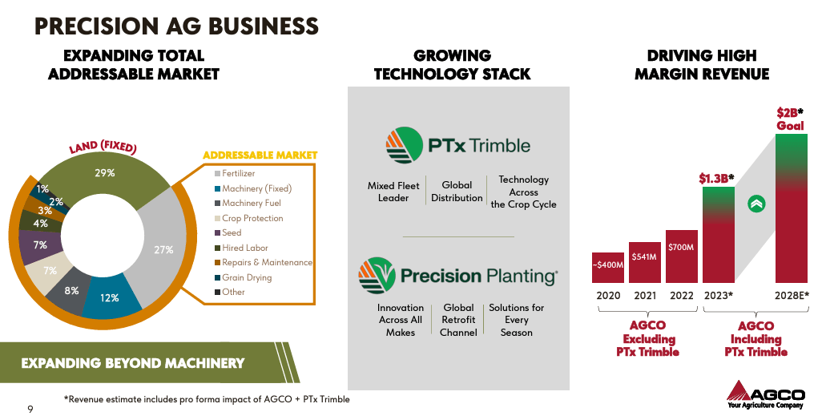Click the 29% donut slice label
pyautogui.click(x=105, y=172)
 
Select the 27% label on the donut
pyautogui.click(x=163, y=249)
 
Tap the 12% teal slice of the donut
pyautogui.click(x=109, y=297)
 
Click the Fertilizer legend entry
pyautogui.click(x=238, y=173)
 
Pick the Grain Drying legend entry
pyautogui.click(x=247, y=277)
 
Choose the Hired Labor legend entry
pyautogui.click(x=244, y=248)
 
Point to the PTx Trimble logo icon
pyautogui.click(x=404, y=145)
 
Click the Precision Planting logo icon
pyautogui.click(x=377, y=276)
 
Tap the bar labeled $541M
pyautogui.click(x=644, y=262)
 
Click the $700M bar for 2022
pyautogui.click(x=681, y=256)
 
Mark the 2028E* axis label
pyautogui.click(x=791, y=295)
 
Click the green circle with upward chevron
pyautogui.click(x=756, y=204)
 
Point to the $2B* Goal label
pyautogui.click(x=790, y=119)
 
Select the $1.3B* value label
pyautogui.click(x=716, y=178)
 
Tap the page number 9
pyautogui.click(x=30, y=410)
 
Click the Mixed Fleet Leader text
pyautogui.click(x=393, y=192)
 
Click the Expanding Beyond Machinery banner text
pyautogui.click(x=132, y=363)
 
